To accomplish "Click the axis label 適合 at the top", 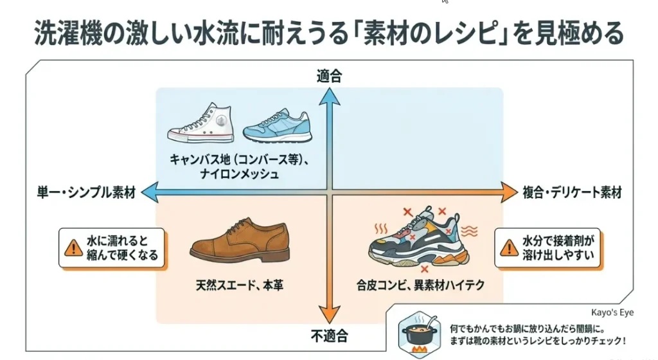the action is pyautogui.click(x=329, y=76).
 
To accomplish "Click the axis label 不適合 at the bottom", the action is pyautogui.click(x=330, y=336).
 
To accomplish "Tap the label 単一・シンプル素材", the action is pyautogui.click(x=86, y=193).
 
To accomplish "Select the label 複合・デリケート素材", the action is pyautogui.click(x=572, y=193).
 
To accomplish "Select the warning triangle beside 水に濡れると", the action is pyautogui.click(x=73, y=248).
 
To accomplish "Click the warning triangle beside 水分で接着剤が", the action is pyautogui.click(x=509, y=248).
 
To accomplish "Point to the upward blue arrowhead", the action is pyautogui.click(x=330, y=96).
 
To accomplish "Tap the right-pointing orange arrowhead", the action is pyautogui.click(x=510, y=193).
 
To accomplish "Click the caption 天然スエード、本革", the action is pyautogui.click(x=240, y=285).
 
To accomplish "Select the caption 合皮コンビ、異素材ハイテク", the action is pyautogui.click(x=420, y=285).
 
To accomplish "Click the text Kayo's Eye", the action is pyautogui.click(x=612, y=312).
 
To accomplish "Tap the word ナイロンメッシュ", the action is pyautogui.click(x=240, y=174).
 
